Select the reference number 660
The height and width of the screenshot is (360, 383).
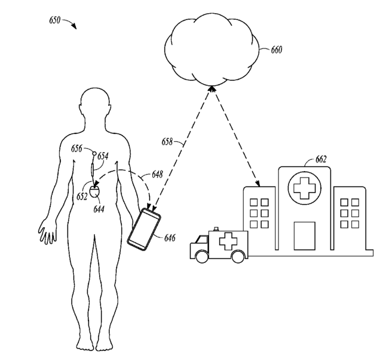[277, 50]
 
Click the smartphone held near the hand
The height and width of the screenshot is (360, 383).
[145, 228]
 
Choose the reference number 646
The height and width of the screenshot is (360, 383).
[170, 239]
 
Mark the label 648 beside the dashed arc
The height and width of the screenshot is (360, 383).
[158, 175]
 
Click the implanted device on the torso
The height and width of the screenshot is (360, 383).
[95, 193]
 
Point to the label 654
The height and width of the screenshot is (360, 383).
[103, 156]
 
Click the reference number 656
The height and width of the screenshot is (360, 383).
[76, 148]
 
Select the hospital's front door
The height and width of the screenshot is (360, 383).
[304, 235]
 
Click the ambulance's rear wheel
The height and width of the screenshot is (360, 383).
[238, 257]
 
